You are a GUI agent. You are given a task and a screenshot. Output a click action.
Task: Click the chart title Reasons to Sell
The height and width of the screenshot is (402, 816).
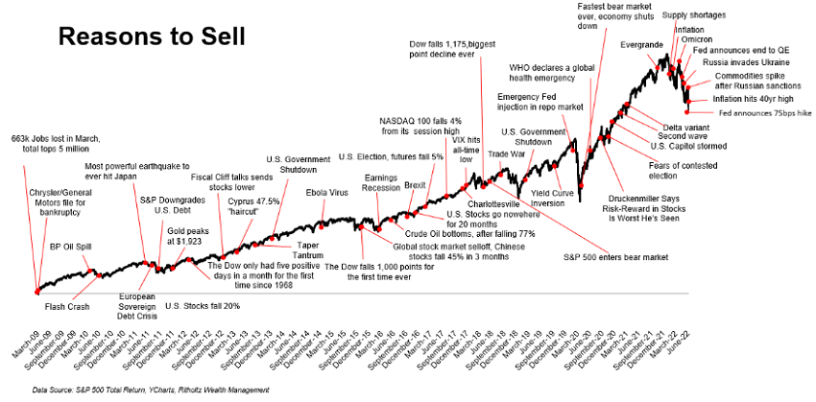pos(152,36)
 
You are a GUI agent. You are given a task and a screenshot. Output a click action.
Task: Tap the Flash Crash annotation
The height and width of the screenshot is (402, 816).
pos(67,306)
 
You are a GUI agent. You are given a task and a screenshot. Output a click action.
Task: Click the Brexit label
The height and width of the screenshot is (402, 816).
pos(415,183)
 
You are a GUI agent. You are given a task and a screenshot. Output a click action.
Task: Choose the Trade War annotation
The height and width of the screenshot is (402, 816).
pos(507,154)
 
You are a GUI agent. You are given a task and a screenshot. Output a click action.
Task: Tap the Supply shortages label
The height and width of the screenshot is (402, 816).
pos(694,14)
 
